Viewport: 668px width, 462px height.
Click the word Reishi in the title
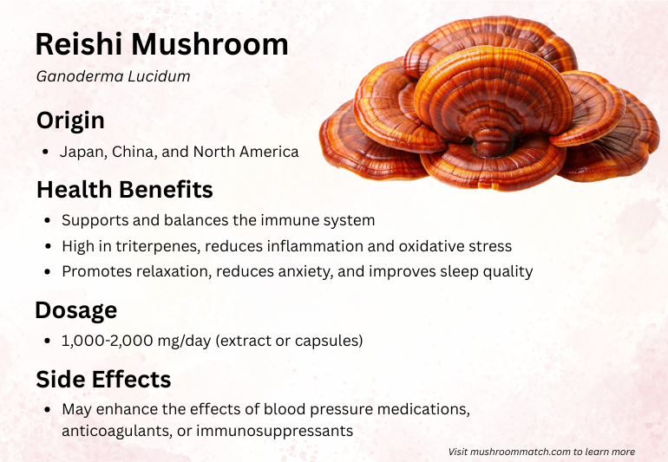79,44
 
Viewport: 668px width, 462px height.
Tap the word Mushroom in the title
210,44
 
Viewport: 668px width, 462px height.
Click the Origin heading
71,120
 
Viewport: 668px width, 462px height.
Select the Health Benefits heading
125,190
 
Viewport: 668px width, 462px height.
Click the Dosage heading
76,310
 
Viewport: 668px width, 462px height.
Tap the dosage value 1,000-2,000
108,341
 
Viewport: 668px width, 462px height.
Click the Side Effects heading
103,379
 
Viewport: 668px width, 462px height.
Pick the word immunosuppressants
275,431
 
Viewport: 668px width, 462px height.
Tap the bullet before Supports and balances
48,220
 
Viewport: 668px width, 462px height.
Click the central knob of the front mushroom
494,141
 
